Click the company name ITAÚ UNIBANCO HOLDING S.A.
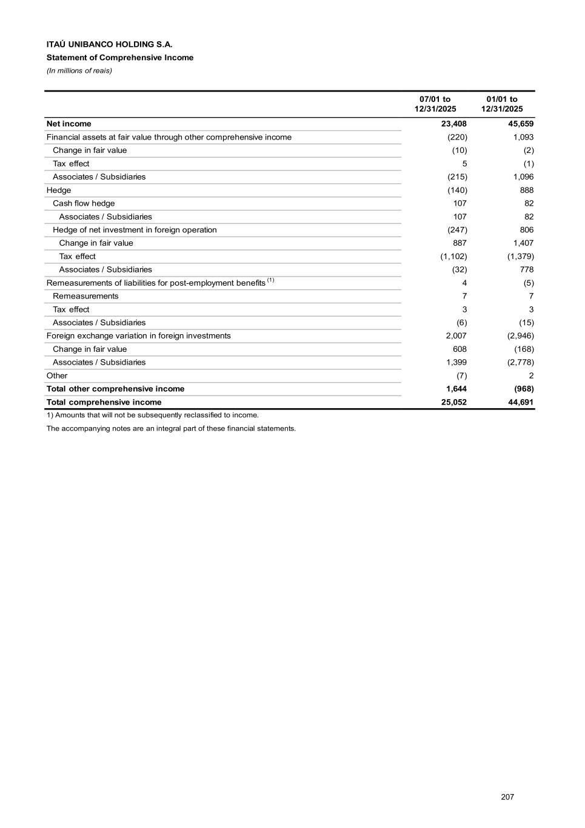pos(109,44)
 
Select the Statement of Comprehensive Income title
pos(120,58)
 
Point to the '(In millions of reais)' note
pos(79,70)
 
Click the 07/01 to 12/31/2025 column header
pos(435,104)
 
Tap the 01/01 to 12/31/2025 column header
pos(502,104)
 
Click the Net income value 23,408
pos(454,124)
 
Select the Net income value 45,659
pos(521,124)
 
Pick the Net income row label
pos(69,124)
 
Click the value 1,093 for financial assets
pos(523,137)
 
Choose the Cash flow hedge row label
pos(84,203)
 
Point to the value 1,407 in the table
pos(523,243)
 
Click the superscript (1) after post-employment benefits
pos(271,280)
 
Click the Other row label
pos(57,375)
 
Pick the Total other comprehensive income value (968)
pos(523,389)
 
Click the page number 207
pos(507,796)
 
